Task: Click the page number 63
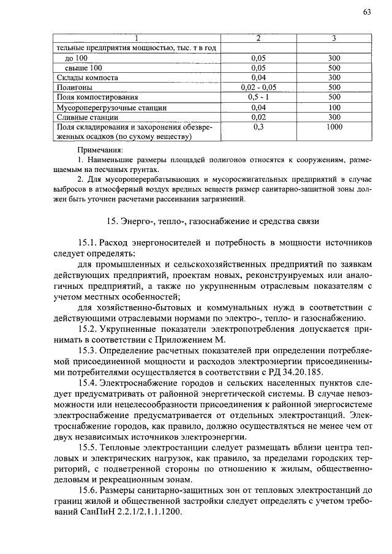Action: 367,12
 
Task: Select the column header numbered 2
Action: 258,38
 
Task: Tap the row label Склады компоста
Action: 83,77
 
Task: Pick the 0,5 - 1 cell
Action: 258,97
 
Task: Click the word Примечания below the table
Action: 100,149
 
